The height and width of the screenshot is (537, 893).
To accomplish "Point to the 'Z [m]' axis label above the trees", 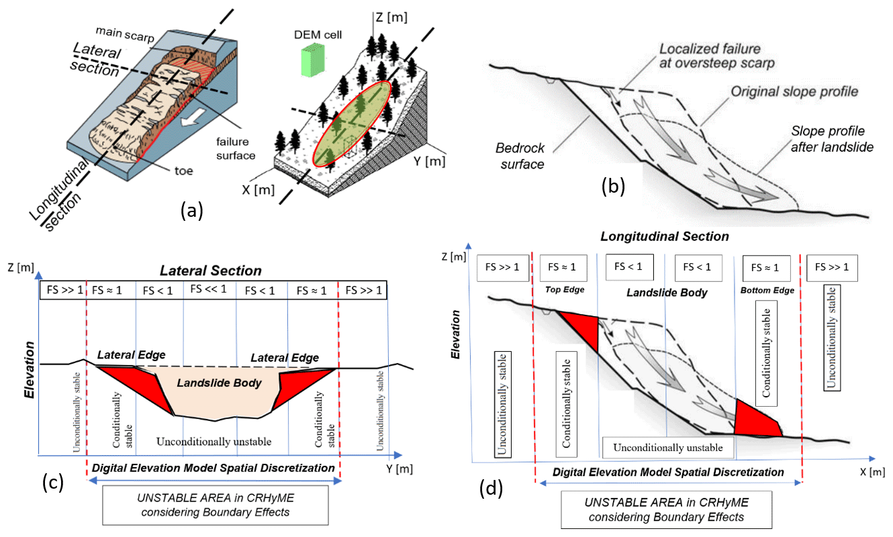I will click(x=392, y=17).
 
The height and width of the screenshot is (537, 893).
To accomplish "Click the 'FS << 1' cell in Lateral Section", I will click(x=209, y=290).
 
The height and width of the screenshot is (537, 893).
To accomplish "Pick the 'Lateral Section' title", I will click(x=209, y=271).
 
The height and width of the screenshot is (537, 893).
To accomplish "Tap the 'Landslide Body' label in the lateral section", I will click(x=218, y=383).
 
